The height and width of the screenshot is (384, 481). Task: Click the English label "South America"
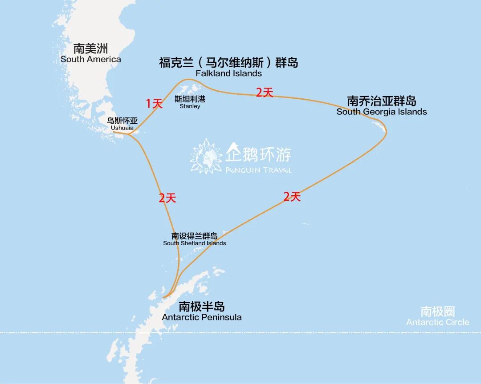pos(90,59)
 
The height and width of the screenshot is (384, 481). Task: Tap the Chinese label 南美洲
pos(91,49)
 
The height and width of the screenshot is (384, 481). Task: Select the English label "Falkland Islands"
pos(228,73)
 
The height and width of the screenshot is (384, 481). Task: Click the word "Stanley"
pos(190,106)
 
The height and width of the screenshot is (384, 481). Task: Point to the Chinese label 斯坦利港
pos(190,99)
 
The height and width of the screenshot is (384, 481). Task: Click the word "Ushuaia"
pos(122,128)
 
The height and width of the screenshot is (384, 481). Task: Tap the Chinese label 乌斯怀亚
pos(122,121)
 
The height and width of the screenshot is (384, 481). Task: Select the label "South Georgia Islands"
pos(382,112)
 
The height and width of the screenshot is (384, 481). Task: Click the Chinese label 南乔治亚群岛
pos(382,101)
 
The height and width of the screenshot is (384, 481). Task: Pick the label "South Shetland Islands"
pos(195,243)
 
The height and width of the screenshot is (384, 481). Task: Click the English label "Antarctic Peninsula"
pos(202,317)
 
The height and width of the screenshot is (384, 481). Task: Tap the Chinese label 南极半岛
pos(202,306)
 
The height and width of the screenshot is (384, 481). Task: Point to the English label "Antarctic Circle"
pos(437,322)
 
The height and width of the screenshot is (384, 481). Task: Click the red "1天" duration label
pos(155,104)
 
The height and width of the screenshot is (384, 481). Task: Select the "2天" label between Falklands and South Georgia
pos(264,93)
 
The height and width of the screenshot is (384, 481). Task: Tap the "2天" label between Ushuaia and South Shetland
pos(167,198)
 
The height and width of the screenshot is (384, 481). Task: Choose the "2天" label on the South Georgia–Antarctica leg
pos(292,196)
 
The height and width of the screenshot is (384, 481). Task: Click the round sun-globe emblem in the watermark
pos(206,156)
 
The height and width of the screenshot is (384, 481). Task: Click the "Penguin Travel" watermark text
pos(258,170)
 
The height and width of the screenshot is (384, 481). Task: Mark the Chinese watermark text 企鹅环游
pos(258,154)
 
